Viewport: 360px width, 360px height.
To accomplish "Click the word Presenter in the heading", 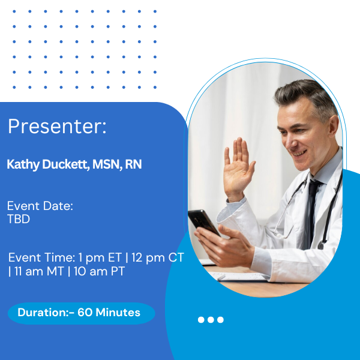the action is point(55,126).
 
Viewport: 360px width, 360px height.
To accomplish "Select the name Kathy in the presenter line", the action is point(23,164).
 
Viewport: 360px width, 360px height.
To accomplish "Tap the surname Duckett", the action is point(66,164).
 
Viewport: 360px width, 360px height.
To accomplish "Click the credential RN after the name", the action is point(133,164).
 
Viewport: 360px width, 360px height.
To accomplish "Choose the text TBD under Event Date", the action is point(19,219).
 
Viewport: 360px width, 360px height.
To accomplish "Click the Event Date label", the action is point(40,206).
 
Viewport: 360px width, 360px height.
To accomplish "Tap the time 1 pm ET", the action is point(100,257).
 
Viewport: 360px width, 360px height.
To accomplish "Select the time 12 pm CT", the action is point(158,257).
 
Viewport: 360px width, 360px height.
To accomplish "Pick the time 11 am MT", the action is point(39,271).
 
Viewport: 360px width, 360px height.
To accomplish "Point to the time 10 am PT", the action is point(99,271).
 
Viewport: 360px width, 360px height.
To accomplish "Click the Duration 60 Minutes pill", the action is point(82,313).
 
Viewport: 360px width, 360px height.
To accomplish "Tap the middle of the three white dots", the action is point(211,320).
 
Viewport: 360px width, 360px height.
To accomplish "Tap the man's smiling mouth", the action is point(298,152).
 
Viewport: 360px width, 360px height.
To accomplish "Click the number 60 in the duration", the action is point(85,313).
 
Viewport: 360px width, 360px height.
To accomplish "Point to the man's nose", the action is point(289,143).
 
